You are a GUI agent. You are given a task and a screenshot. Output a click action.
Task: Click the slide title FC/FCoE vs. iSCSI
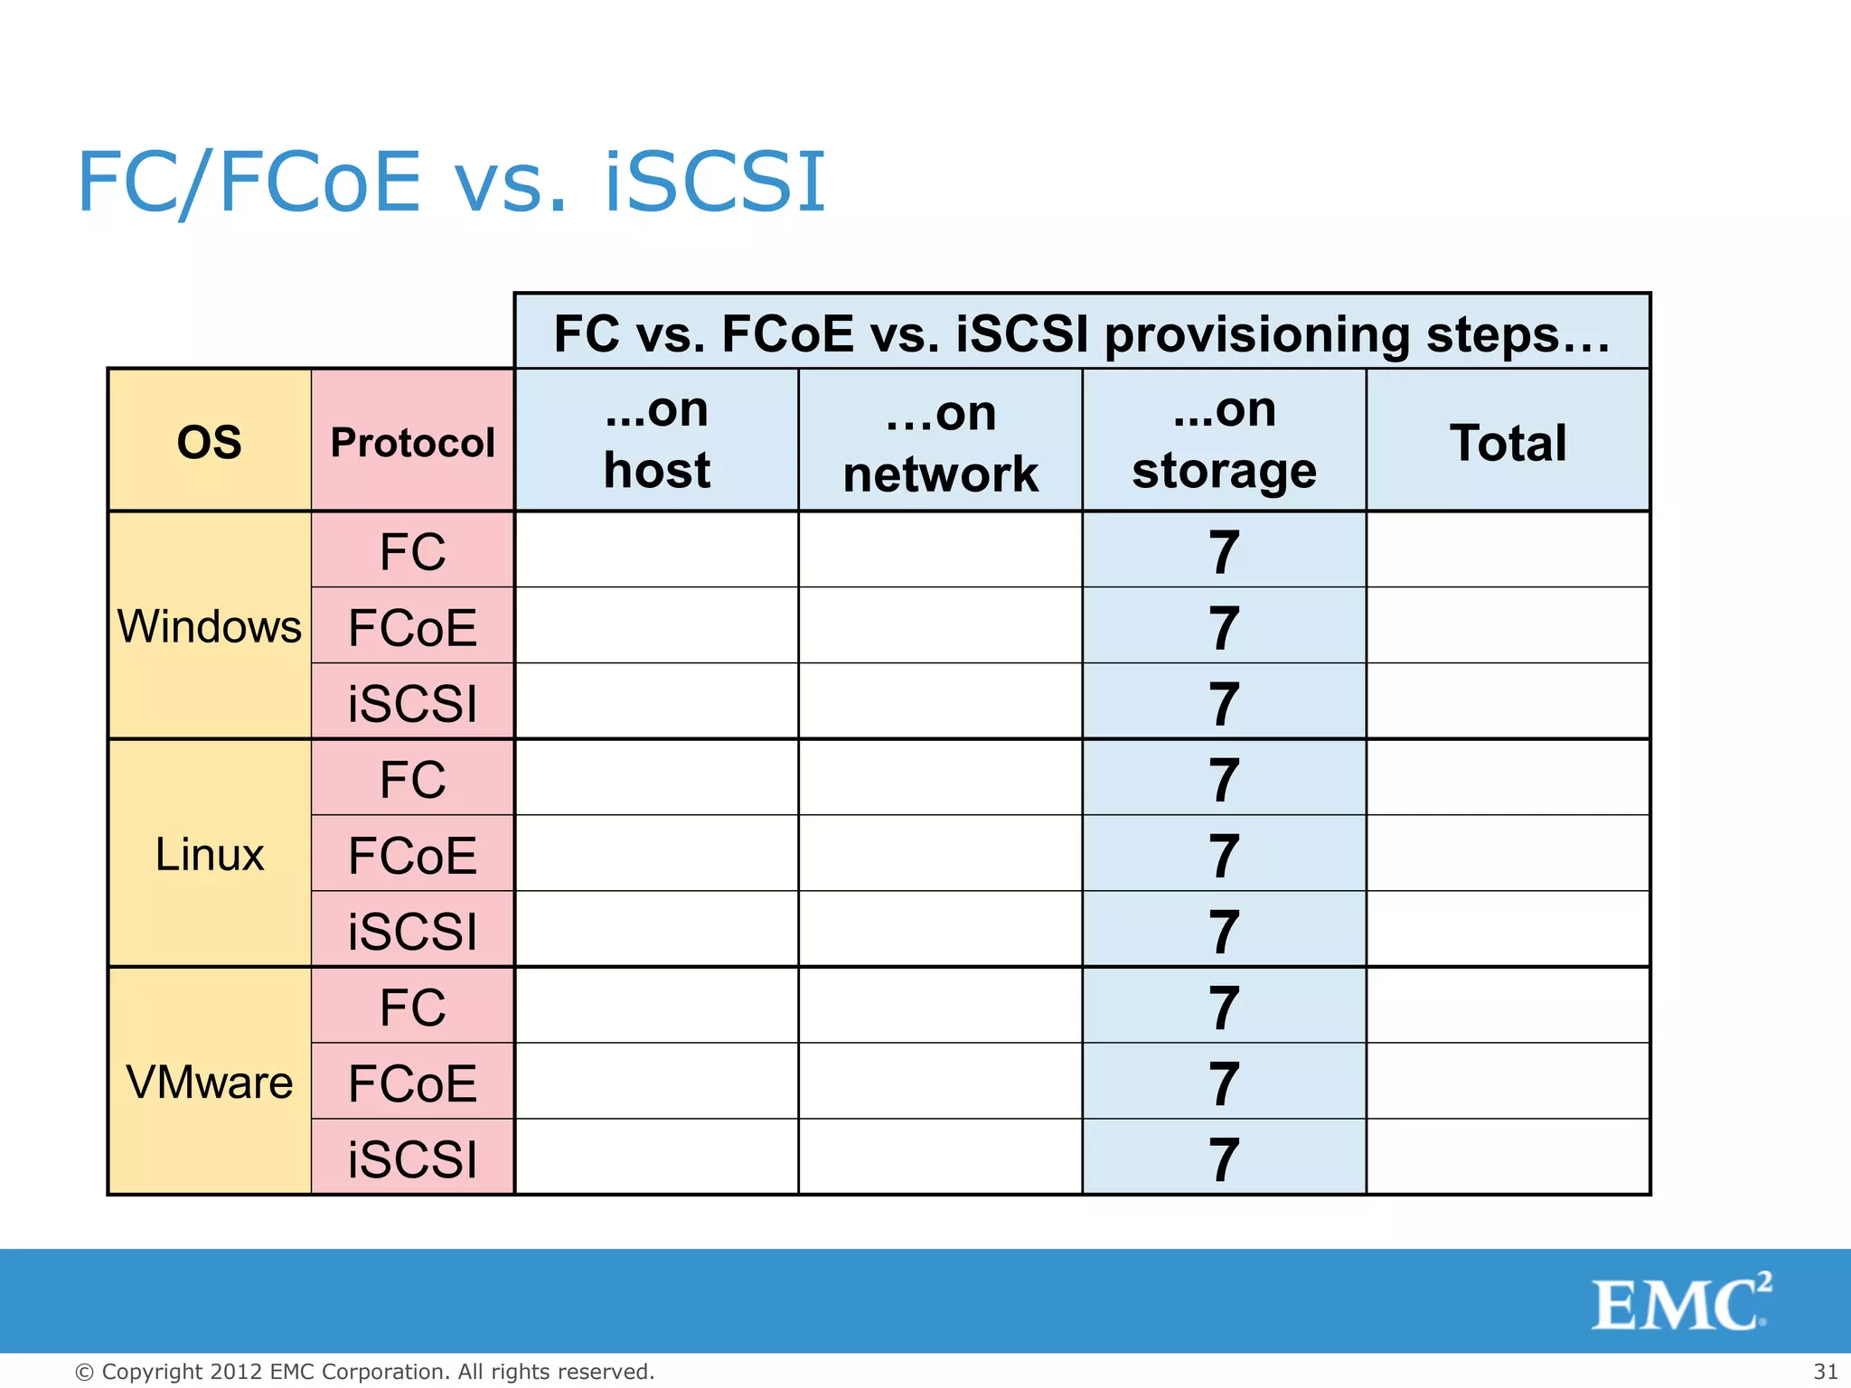[x=452, y=183]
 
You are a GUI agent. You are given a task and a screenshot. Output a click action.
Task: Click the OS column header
[x=210, y=442]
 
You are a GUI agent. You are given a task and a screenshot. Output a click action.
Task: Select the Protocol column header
[x=413, y=442]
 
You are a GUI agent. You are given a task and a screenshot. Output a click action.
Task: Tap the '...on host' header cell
[x=657, y=440]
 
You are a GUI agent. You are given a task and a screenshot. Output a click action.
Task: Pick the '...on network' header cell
[x=940, y=443]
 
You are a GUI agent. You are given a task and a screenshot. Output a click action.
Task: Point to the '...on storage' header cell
[x=1224, y=440]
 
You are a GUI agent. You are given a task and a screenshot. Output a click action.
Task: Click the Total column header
[x=1508, y=442]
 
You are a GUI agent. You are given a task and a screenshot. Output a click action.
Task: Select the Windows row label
[x=210, y=626]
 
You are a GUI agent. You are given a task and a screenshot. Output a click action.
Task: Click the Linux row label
[x=210, y=854]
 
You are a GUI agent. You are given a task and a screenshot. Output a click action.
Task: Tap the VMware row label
[x=210, y=1082]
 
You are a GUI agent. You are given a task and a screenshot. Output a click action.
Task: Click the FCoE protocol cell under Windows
[x=413, y=627]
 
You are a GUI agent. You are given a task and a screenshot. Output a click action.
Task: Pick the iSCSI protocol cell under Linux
[x=413, y=931]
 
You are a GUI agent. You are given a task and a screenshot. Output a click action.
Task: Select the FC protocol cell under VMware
[x=413, y=1007]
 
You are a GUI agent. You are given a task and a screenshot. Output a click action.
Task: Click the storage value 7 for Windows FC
[x=1224, y=551]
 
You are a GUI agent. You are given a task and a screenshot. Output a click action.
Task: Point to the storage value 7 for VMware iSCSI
[x=1224, y=1158]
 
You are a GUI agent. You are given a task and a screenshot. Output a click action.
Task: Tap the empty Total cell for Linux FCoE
[x=1508, y=854]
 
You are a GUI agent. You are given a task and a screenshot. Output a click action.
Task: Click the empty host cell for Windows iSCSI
[x=657, y=702]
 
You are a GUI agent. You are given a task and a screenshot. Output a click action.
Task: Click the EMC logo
[x=1679, y=1303]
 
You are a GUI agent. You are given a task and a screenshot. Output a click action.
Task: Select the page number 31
[x=1825, y=1372]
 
